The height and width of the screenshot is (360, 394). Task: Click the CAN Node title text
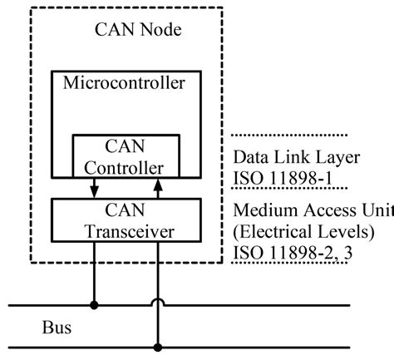[x=138, y=29]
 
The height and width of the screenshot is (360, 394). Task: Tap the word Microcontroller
[x=124, y=82]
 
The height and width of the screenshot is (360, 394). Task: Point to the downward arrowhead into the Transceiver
[x=94, y=192]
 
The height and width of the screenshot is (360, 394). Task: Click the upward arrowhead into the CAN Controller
[x=158, y=185]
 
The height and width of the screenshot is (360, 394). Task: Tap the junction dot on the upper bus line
[x=94, y=305]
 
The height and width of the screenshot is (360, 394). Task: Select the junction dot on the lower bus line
[x=158, y=348]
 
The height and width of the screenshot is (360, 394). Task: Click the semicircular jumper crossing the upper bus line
[x=158, y=300]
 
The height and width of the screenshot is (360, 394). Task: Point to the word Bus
[x=57, y=328]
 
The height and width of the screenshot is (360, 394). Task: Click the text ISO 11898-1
[x=283, y=178]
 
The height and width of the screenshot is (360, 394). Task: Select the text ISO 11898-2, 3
[x=293, y=253]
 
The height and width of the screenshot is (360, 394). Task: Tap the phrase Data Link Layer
[x=297, y=157]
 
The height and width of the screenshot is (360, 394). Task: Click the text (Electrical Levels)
[x=303, y=231]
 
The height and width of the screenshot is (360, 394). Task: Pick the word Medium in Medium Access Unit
[x=267, y=210]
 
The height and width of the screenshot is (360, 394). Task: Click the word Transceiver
[x=130, y=232]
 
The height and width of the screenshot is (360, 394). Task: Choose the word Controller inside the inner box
[x=124, y=168]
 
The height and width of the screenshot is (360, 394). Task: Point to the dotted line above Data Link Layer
[x=289, y=136]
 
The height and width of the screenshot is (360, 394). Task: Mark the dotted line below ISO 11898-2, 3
[x=289, y=262]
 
